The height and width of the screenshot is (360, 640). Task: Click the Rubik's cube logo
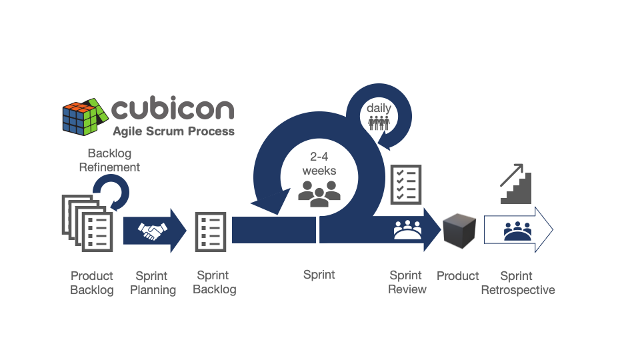pos(85,117)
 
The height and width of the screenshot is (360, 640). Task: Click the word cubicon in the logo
pos(173,108)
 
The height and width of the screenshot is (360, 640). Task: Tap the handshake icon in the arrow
pos(152,231)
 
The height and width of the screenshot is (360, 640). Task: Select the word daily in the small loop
pos(379,108)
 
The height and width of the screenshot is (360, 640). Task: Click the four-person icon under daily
pos(379,123)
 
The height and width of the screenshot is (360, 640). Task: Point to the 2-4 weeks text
pos(319,164)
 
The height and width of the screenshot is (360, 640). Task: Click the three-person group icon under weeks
pos(319,193)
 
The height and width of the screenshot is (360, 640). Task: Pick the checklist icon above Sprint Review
pos(406,185)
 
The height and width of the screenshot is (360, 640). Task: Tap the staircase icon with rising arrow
pos(516,184)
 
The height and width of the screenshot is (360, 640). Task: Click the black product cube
pos(459,231)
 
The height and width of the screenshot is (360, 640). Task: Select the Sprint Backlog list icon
pos(211,232)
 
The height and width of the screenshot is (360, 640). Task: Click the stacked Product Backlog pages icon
pos(87,223)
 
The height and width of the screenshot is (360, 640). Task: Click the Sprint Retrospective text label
pos(518,283)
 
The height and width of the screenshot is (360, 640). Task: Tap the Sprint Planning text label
pos(153,283)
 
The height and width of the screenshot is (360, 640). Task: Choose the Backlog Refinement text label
pos(109,160)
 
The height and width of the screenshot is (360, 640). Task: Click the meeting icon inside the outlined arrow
pos(517,231)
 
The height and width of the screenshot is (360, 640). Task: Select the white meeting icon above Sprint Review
pos(407,230)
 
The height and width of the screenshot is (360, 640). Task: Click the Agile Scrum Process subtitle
pos(174,131)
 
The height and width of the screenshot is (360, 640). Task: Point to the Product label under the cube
pos(457,276)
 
